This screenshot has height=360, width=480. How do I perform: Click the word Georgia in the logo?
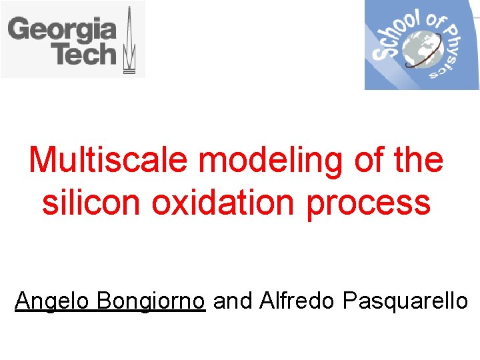[x=62, y=30]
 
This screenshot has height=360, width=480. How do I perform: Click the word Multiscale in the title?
[x=108, y=161]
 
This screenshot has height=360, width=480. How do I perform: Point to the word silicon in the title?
[x=91, y=203]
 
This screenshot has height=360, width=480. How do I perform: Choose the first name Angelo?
[x=52, y=301]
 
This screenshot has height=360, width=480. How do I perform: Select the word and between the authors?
[x=233, y=301]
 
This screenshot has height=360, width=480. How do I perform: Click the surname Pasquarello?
[x=405, y=301]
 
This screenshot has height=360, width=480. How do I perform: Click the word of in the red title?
[x=371, y=161]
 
